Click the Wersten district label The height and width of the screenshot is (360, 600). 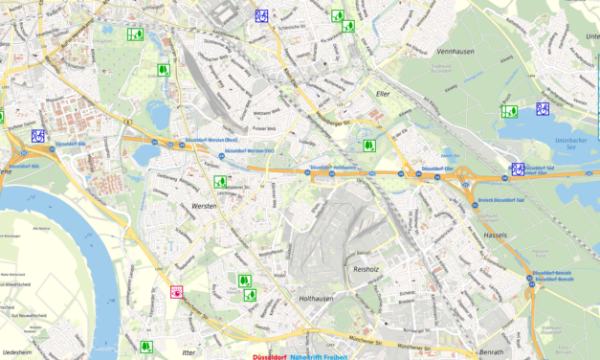coord(204,207)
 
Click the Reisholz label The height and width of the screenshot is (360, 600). coord(367,269)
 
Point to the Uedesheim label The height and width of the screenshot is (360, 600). coord(16,350)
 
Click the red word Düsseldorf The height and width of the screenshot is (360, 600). coord(272,356)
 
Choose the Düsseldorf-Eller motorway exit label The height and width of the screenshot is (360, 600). coord(435,169)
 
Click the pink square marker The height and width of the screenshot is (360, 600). coord(176,292)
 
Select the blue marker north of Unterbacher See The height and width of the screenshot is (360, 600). coord(543,108)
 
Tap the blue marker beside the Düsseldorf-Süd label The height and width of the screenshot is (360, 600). coord(518,169)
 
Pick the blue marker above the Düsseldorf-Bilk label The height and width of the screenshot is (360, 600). coord(38,136)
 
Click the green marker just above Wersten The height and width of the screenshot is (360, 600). coord(220,182)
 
